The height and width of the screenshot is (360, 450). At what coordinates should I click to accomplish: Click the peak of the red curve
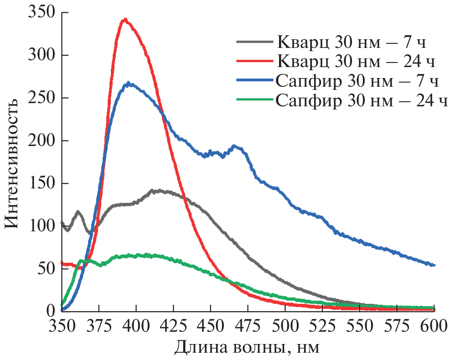[x=124, y=19]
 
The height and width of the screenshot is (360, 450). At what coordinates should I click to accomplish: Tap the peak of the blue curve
[x=129, y=83]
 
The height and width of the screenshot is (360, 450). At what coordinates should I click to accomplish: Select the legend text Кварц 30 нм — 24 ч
[x=355, y=61]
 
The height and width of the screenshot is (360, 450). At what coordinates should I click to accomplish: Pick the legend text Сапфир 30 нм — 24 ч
[x=361, y=100]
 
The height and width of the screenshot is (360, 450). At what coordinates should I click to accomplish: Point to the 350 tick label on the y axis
[x=41, y=13]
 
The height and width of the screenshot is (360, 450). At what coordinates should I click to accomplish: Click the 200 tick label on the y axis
[x=41, y=141]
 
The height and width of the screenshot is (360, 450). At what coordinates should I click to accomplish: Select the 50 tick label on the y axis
[x=45, y=268]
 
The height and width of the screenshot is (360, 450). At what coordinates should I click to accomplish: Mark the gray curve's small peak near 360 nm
[x=78, y=212]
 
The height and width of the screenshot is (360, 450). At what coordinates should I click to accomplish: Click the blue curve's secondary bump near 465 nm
[x=234, y=146]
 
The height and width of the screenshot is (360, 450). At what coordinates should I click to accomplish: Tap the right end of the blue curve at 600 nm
[x=434, y=265]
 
